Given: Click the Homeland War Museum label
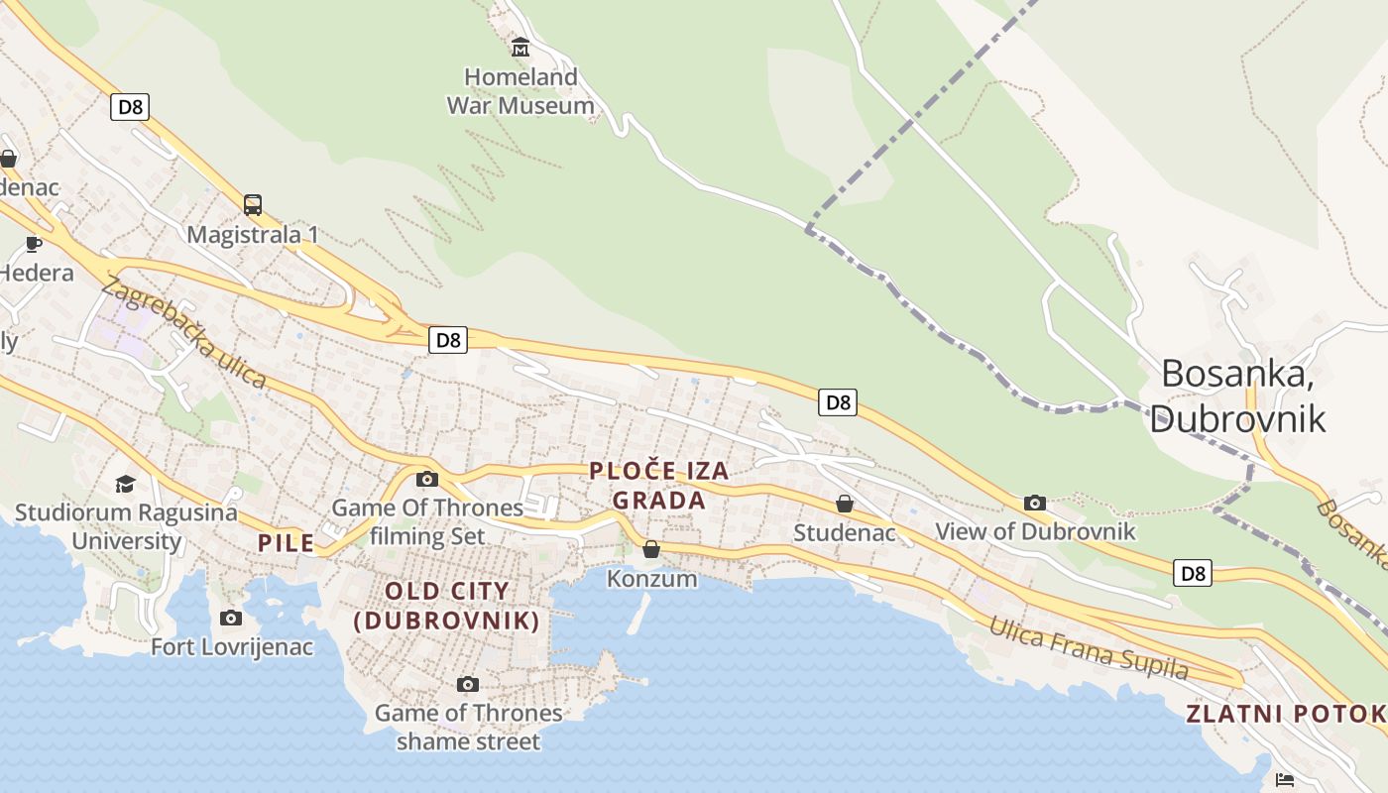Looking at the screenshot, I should [x=520, y=91].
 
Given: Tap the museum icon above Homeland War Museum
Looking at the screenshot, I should [x=520, y=47].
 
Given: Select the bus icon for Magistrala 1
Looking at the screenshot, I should [x=253, y=205].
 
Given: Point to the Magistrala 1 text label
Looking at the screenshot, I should [x=253, y=235].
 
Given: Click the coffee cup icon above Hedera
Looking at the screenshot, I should [x=34, y=243].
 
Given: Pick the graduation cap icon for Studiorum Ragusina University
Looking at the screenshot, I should [x=125, y=484].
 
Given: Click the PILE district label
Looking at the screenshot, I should [x=287, y=542].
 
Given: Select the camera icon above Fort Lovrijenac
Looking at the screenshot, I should [x=231, y=619].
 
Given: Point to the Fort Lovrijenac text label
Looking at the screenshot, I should [x=232, y=647].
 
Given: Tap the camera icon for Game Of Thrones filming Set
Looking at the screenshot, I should [x=427, y=480].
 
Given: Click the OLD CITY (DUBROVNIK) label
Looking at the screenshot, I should [x=447, y=606].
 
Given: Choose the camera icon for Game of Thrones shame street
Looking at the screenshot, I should [x=468, y=684].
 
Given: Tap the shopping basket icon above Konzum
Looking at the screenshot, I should [x=651, y=549].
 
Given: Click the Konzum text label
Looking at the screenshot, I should [x=651, y=578].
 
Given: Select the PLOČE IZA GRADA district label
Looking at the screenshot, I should [x=659, y=486].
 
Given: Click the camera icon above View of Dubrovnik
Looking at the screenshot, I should [x=1035, y=503].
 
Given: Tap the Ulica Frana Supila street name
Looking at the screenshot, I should [x=1088, y=648].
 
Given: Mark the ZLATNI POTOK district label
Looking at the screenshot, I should [x=1285, y=714].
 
